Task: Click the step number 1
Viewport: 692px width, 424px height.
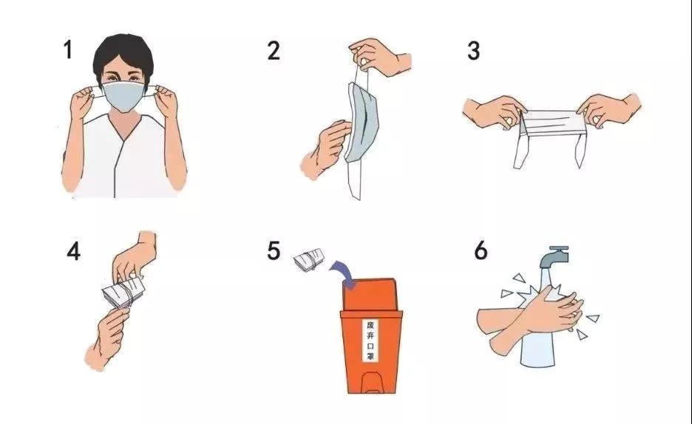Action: click(68, 49)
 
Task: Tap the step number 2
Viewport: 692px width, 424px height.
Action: click(274, 50)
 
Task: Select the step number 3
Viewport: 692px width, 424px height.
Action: click(474, 50)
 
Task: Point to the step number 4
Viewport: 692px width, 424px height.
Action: click(74, 251)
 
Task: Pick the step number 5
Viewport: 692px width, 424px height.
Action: click(274, 250)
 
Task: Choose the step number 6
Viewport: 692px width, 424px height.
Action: click(481, 250)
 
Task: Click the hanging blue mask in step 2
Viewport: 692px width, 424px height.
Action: click(362, 120)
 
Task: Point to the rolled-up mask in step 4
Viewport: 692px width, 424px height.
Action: click(124, 293)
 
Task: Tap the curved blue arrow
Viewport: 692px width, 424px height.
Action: click(342, 271)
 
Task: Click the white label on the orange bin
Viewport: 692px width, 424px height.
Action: click(370, 341)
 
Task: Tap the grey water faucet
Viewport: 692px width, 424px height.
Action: click(554, 257)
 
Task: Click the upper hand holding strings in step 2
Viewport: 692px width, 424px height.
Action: click(379, 58)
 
